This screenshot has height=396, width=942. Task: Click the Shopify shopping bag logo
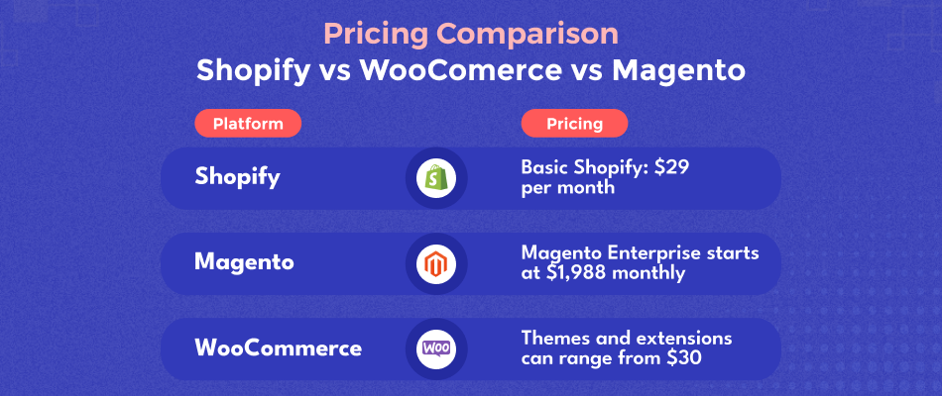[x=435, y=179]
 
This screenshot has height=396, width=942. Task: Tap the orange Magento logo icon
[x=435, y=264]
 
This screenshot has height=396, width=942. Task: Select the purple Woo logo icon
[x=436, y=349]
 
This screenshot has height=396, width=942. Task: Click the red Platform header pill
[x=248, y=124]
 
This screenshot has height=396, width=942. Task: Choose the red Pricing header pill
[x=574, y=124]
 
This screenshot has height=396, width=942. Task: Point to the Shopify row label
[x=237, y=178]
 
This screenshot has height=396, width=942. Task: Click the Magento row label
[x=244, y=262]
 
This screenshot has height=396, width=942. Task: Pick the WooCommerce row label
[x=279, y=348]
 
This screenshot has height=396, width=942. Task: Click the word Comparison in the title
[x=523, y=35]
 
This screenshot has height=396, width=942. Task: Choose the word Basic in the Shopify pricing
[x=540, y=167]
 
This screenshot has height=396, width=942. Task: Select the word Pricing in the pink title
[x=372, y=35]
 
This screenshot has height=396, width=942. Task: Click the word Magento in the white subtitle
[x=678, y=71]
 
